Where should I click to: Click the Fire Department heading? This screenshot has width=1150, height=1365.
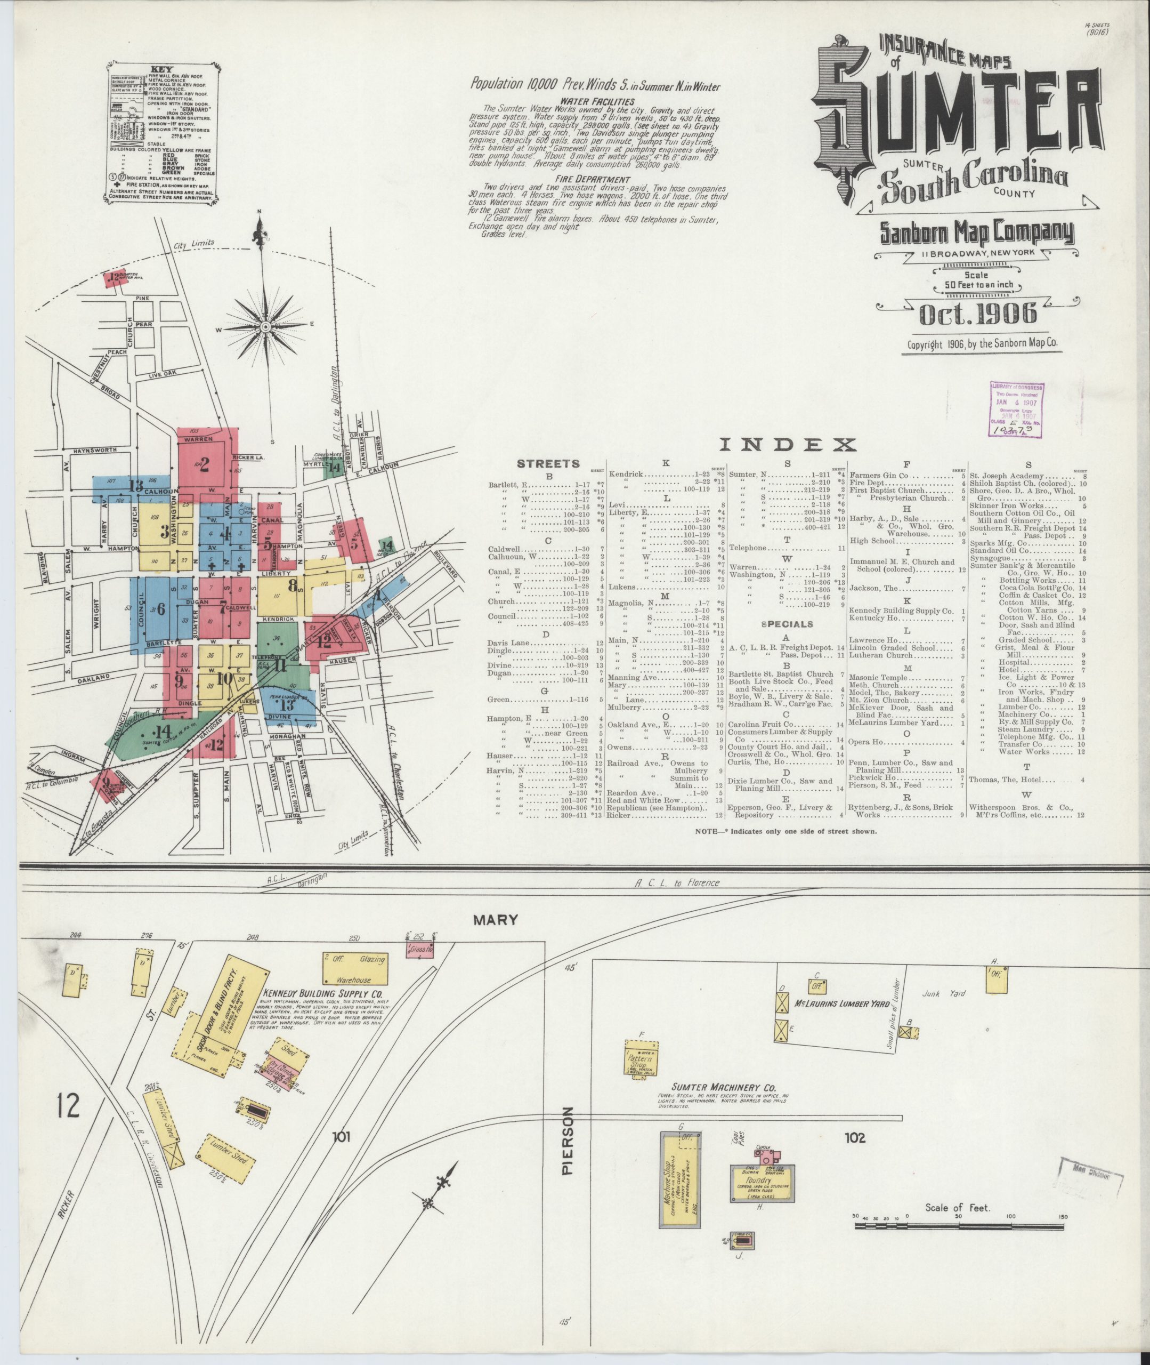(x=593, y=179)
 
